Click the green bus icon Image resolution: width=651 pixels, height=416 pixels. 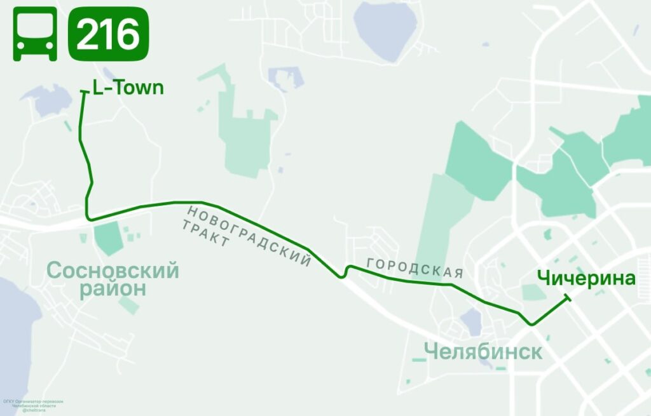point(35,34)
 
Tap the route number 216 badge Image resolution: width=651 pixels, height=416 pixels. point(108,34)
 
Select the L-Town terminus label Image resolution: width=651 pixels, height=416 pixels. point(128,88)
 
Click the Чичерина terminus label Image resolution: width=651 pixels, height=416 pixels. point(586,278)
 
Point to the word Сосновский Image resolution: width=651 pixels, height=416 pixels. point(113,271)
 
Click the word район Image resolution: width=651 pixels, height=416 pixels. point(113,290)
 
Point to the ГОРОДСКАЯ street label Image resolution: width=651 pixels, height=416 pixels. point(414,269)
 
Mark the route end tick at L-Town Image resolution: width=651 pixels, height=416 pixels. point(83,93)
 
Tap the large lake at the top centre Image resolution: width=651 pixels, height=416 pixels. point(384,30)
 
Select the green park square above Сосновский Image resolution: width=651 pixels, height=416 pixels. point(108,238)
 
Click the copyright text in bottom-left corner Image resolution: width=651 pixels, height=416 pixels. point(38,405)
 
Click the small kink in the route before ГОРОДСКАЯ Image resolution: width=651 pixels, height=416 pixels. point(344,272)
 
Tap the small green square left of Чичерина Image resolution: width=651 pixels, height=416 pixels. point(532,292)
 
